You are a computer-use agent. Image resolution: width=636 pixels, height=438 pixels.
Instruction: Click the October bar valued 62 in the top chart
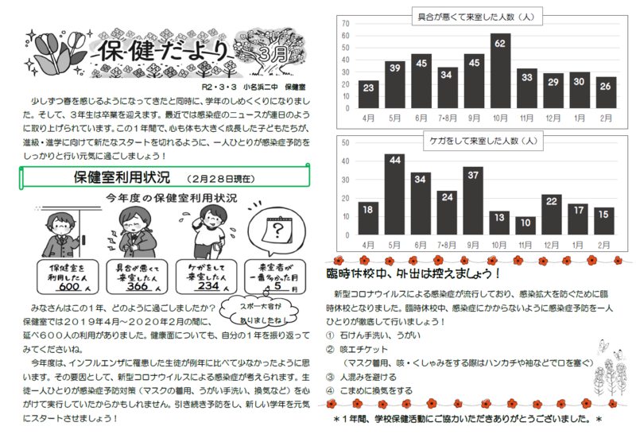coord(500,72)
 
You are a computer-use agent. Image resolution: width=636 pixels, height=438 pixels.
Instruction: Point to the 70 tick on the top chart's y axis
coord(346,24)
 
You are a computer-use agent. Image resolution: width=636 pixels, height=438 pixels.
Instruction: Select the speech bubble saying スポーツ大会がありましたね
coord(259,310)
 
